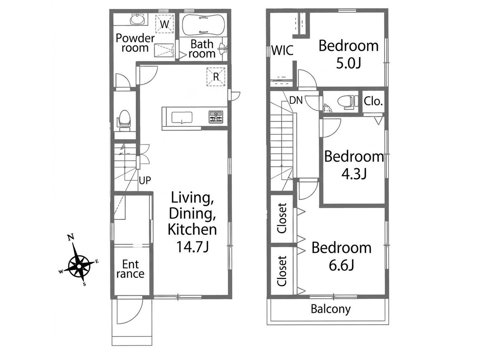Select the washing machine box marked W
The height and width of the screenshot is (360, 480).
[165, 24]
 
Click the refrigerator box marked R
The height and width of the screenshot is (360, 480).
[216, 77]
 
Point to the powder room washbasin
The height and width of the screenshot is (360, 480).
[137, 19]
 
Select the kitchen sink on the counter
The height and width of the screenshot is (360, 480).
[182, 118]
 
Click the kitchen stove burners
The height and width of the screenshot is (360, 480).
[216, 117]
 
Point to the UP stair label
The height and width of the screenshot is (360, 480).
[145, 180]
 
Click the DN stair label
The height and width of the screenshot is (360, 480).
[296, 100]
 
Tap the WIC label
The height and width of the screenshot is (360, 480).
[282, 50]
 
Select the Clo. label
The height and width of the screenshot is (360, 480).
[373, 101]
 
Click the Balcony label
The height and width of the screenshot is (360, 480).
[331, 309]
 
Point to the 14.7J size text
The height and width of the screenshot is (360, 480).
[192, 246]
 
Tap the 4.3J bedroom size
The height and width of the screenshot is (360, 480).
[354, 174]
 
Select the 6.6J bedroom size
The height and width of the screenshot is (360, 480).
[341, 265]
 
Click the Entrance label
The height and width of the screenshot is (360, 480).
[130, 269]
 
